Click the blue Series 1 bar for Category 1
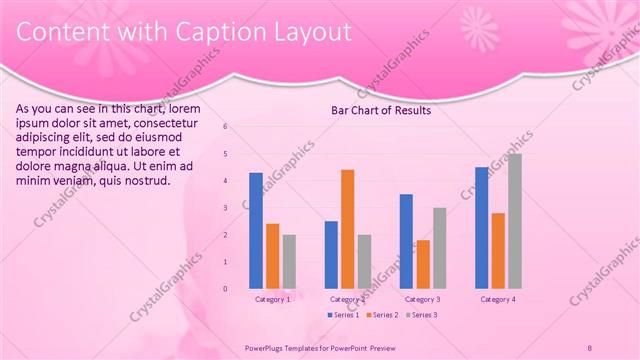pyautogui.click(x=256, y=230)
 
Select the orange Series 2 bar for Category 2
pyautogui.click(x=347, y=229)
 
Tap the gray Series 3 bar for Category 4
pyautogui.click(x=514, y=221)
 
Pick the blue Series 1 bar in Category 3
pyautogui.click(x=406, y=241)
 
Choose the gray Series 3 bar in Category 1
pyautogui.click(x=289, y=261)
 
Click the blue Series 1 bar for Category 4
pyautogui.click(x=482, y=227)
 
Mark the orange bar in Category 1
pyautogui.click(x=272, y=256)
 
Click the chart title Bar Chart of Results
pyautogui.click(x=381, y=110)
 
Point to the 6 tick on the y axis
pyautogui.click(x=226, y=127)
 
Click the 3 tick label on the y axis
pyautogui.click(x=226, y=208)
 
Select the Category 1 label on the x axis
pyautogui.click(x=273, y=299)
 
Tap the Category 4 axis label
pyautogui.click(x=498, y=299)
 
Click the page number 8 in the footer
pyautogui.click(x=590, y=346)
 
